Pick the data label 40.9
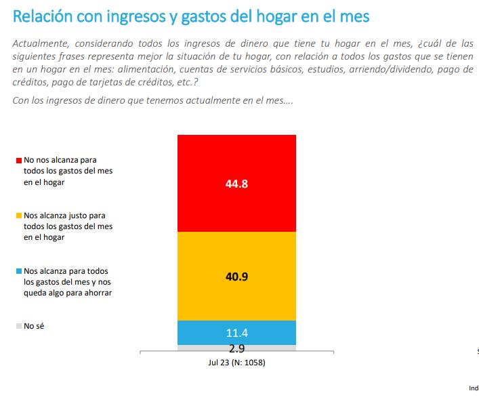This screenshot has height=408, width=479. point(236,277)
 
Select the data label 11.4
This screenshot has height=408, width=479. point(236,333)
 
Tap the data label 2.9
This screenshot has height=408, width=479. point(236,349)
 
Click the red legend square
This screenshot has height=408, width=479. point(19,160)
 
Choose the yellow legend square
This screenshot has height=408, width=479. point(19,215)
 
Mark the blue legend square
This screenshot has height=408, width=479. point(19,270)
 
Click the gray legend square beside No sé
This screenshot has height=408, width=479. point(19,326)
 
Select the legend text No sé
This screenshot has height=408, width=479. point(34,326)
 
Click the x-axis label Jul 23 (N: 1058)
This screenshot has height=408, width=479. point(236,362)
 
